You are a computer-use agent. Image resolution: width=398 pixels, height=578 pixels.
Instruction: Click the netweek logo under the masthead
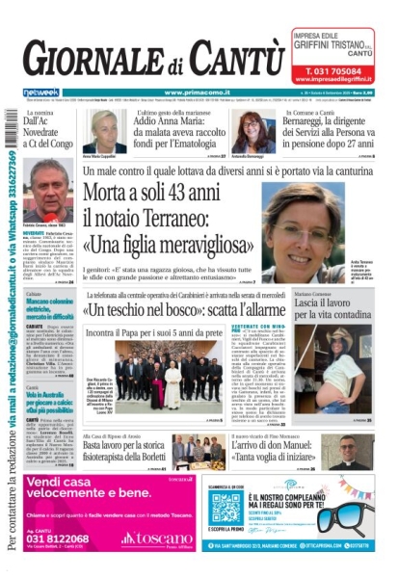(40, 92)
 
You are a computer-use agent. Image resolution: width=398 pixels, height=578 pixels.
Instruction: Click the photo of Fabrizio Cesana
(47, 189)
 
